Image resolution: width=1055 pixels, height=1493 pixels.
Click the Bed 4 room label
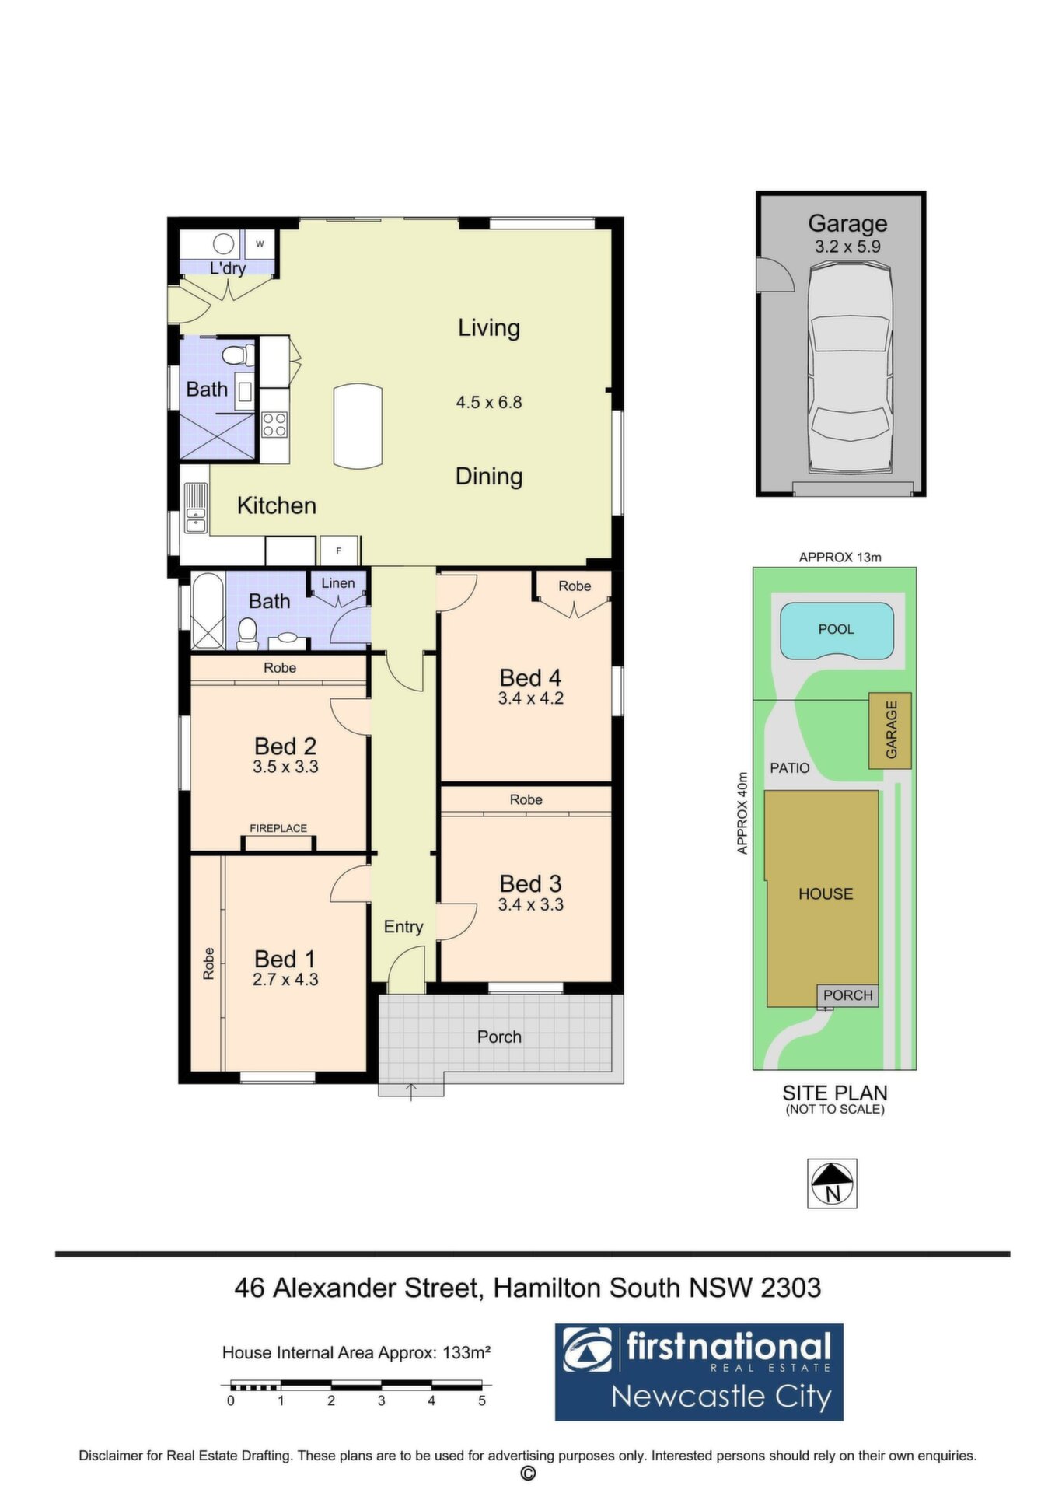pos(530,677)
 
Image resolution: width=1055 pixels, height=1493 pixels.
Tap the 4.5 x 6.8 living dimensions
pos(489,403)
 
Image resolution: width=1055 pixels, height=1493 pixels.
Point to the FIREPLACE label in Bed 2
pos(278,829)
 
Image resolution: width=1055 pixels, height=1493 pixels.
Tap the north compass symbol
pos(832,1183)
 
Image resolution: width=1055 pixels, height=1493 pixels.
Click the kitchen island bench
pos(358,425)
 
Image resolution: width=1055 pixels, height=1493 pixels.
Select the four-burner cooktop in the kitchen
pos(274,424)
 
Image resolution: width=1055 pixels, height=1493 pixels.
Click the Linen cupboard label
pos(338,583)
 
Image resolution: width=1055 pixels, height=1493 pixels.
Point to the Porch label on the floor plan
pos(499,1037)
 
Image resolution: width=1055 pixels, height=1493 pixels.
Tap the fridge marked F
pos(339,551)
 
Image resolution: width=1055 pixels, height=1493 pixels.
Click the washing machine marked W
pos(260,244)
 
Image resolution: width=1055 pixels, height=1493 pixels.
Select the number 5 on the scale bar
pos(482,1400)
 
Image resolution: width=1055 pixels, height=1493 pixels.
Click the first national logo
pos(699,1372)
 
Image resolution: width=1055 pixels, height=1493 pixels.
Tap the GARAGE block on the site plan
pos(890,731)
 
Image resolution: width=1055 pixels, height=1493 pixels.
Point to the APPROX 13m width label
pos(840,558)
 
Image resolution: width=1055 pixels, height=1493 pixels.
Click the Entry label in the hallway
pos(403,927)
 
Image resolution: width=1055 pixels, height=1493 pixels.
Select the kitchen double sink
pos(196,509)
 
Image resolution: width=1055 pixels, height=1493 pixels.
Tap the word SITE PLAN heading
pos(835,1093)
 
